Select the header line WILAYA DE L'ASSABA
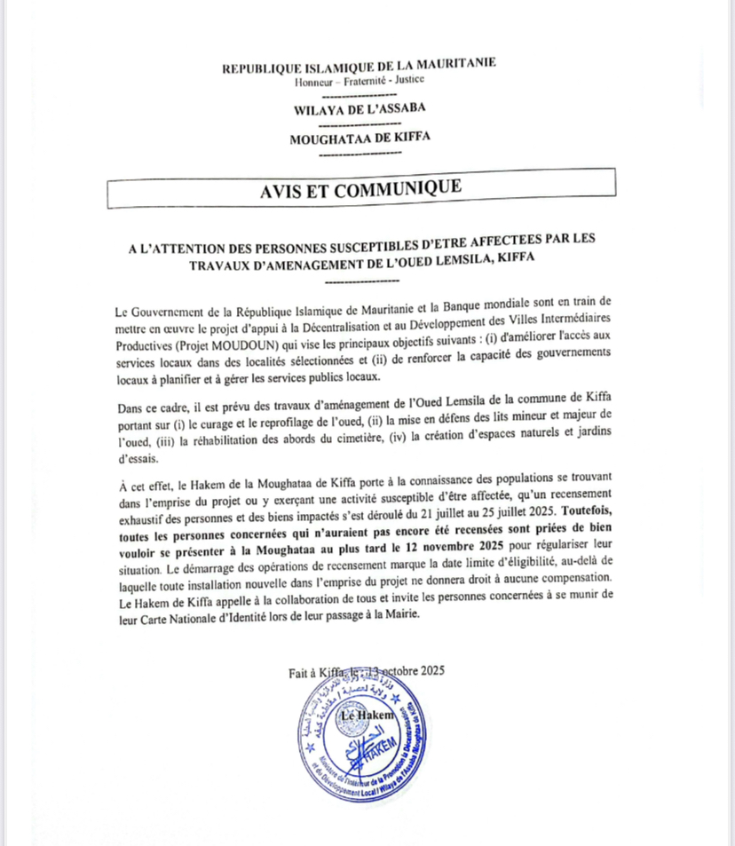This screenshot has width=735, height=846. click(x=360, y=108)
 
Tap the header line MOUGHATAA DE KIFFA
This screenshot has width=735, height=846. click(x=360, y=138)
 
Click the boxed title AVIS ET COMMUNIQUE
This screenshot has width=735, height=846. click(x=360, y=189)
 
